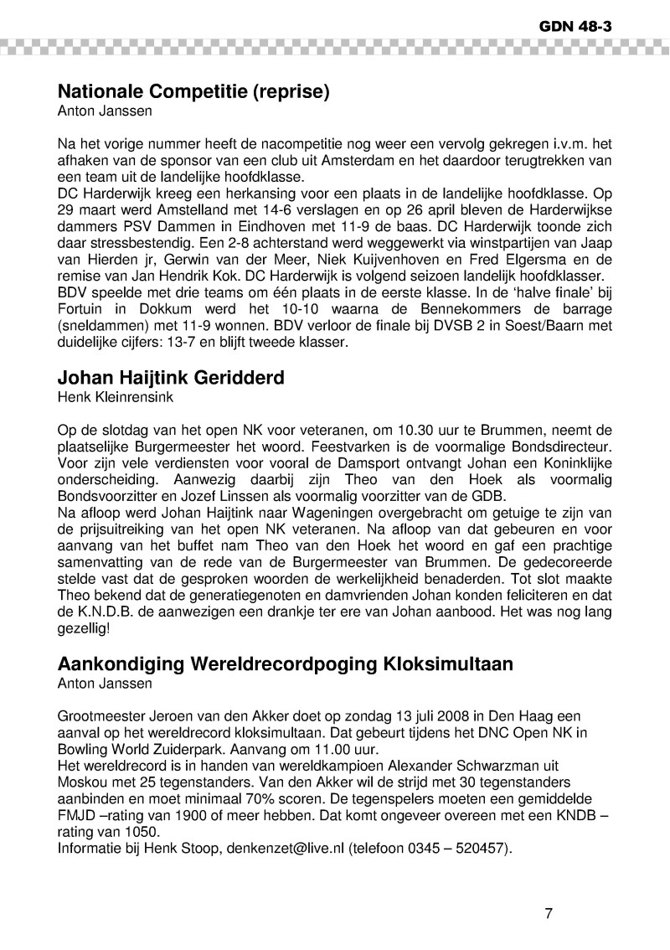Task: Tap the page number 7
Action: click(x=549, y=913)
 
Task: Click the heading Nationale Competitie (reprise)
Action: click(x=193, y=91)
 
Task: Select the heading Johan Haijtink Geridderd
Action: click(x=171, y=377)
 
